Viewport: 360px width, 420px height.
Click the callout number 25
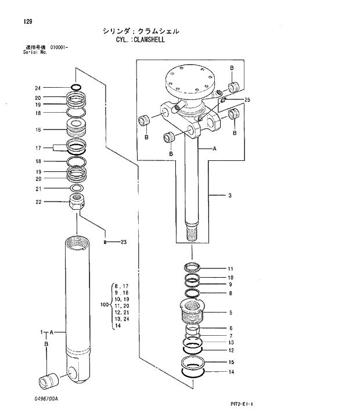point(247,100)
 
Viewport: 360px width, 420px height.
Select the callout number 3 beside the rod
point(230,196)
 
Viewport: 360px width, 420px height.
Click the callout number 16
point(38,130)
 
